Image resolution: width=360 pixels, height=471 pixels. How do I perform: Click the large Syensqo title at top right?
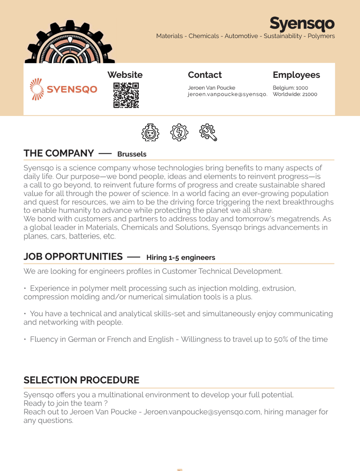[302, 23]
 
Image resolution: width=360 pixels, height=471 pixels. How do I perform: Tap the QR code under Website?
[126, 95]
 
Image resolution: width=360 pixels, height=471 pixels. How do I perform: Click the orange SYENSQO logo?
[63, 89]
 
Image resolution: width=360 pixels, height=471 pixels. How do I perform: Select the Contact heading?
[205, 75]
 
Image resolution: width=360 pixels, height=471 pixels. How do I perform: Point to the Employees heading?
[296, 75]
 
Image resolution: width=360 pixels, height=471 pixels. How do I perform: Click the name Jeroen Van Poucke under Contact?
[211, 88]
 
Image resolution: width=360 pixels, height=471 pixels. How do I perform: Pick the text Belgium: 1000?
[290, 88]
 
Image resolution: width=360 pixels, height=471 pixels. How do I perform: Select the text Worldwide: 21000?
[295, 94]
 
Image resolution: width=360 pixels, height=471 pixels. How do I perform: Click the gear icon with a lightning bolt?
[179, 132]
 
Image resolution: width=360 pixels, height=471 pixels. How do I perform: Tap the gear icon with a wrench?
[208, 132]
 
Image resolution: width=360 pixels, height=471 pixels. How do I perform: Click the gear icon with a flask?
[150, 133]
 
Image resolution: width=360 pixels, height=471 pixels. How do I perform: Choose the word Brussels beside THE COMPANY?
[132, 154]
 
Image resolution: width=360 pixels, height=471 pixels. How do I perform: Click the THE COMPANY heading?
[59, 153]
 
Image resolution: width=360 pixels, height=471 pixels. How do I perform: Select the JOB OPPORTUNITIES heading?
[73, 256]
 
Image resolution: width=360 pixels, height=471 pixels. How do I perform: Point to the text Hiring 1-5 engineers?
[181, 258]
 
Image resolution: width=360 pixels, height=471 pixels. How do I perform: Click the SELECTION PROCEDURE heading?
[81, 380]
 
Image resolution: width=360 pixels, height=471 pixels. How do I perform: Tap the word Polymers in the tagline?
[321, 36]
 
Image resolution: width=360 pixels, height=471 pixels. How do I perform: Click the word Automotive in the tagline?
[241, 36]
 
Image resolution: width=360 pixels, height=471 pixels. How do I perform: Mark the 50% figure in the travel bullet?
[281, 339]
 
